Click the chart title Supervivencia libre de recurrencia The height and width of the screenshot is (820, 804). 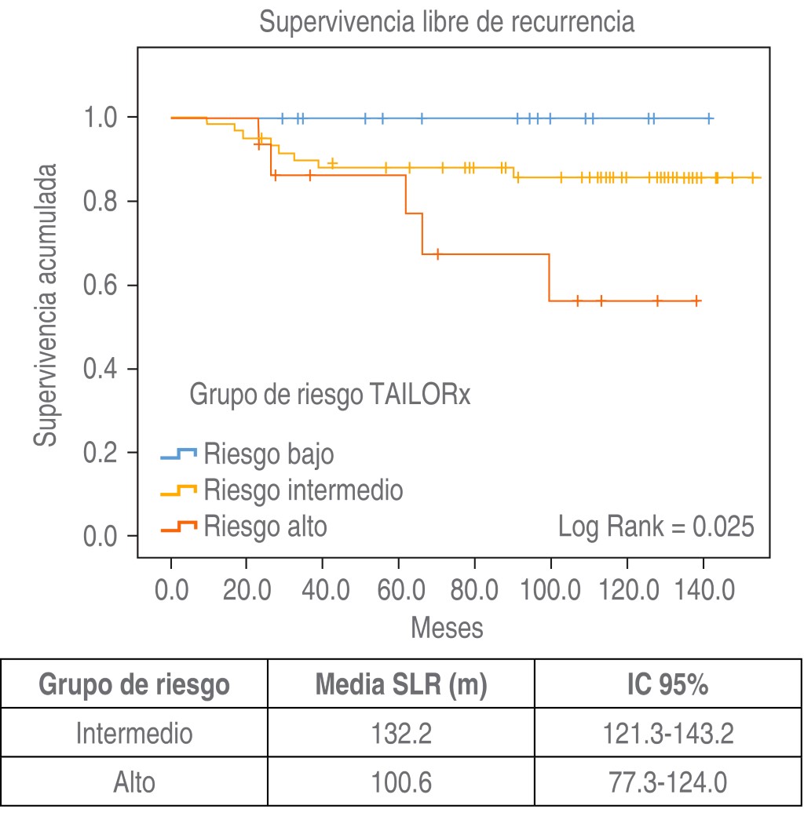(x=446, y=23)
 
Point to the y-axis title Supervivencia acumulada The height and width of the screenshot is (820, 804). (x=46, y=305)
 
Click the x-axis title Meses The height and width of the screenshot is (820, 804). (x=447, y=628)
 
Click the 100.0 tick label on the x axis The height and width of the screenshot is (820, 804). (x=550, y=589)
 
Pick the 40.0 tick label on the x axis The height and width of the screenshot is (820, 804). (x=323, y=589)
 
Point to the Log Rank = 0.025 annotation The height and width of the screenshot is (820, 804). (x=656, y=527)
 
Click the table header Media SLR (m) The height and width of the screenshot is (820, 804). (x=401, y=685)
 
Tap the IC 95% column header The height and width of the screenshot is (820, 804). (x=669, y=685)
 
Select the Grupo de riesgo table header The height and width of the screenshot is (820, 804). (x=134, y=685)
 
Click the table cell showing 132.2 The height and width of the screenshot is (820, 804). (x=401, y=734)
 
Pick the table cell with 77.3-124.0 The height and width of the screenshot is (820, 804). (x=669, y=782)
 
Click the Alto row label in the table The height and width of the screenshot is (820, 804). (x=134, y=782)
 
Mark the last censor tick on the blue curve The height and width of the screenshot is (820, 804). (x=709, y=118)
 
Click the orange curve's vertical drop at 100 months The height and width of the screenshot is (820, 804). (x=550, y=278)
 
